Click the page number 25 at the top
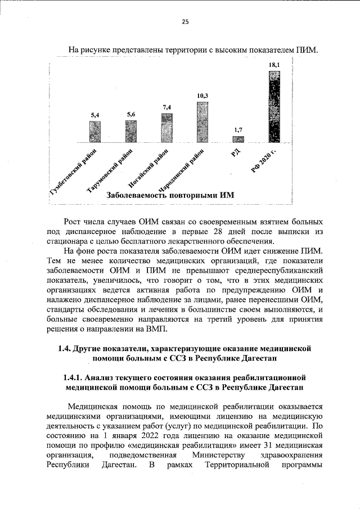tap(184, 22)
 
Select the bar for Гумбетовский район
tap(96, 132)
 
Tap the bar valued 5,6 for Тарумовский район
tap(131, 131)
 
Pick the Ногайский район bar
tap(166, 127)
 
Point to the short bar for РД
tap(238, 139)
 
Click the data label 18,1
tap(274, 66)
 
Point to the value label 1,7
tap(238, 130)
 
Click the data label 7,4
tap(166, 107)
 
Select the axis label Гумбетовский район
tap(74, 171)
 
